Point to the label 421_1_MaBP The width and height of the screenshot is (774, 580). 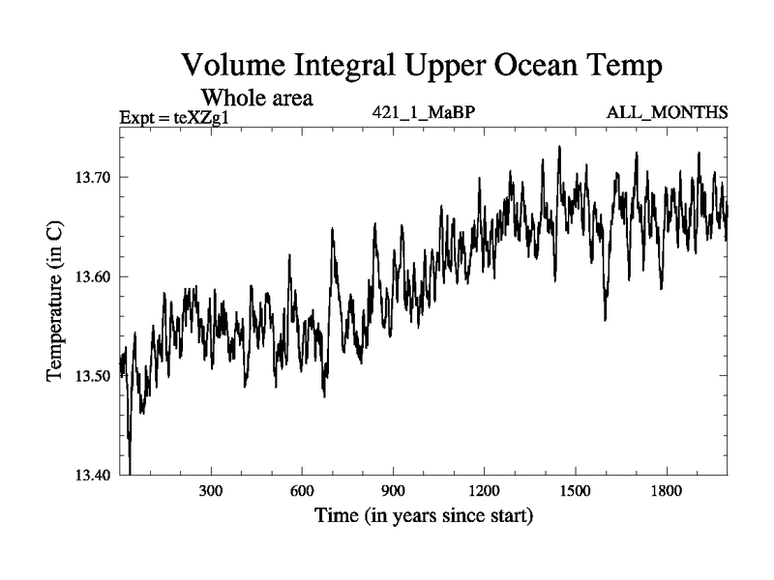(x=423, y=112)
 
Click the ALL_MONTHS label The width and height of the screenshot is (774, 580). (x=667, y=112)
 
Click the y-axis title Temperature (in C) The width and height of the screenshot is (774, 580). (x=55, y=301)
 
